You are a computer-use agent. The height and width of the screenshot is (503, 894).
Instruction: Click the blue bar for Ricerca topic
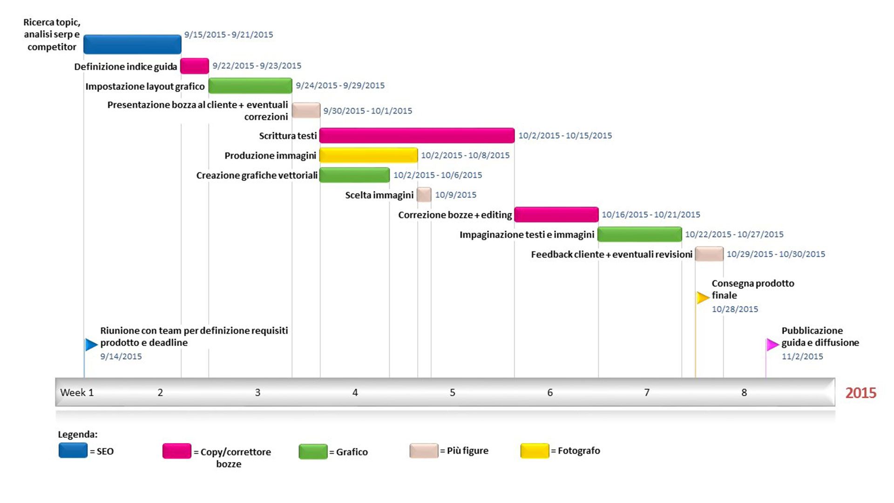132,44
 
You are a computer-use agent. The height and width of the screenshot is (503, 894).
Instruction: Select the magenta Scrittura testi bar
417,136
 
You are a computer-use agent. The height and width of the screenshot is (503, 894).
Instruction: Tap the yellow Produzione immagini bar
368,155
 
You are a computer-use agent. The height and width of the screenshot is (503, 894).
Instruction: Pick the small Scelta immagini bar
424,195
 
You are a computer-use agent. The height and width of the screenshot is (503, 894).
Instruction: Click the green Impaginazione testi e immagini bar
639,234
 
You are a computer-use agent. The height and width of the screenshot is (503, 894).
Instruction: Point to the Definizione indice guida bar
194,66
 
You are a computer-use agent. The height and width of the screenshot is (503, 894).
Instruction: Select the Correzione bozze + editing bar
556,215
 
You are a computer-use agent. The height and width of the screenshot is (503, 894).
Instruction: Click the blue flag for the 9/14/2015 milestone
91,345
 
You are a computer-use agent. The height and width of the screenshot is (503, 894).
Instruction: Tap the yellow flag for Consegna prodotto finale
702,298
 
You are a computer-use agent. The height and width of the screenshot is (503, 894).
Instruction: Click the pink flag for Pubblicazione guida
772,345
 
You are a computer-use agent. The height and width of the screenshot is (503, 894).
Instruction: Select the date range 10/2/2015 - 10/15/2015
565,136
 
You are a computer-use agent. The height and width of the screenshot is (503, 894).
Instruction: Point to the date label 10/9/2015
455,195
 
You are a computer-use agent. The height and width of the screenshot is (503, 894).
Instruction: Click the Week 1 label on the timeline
77,393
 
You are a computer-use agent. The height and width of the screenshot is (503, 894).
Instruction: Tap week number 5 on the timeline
452,393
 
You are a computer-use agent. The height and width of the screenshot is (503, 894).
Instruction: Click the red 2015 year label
860,393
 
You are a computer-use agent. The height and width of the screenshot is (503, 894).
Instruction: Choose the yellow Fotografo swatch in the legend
535,451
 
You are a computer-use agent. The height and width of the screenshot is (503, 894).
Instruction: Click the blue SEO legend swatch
73,451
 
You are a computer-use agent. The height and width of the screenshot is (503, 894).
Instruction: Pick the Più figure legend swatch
424,451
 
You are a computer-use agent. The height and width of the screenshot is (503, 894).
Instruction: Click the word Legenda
77,435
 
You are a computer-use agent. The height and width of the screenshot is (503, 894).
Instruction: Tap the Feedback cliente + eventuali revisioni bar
709,254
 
